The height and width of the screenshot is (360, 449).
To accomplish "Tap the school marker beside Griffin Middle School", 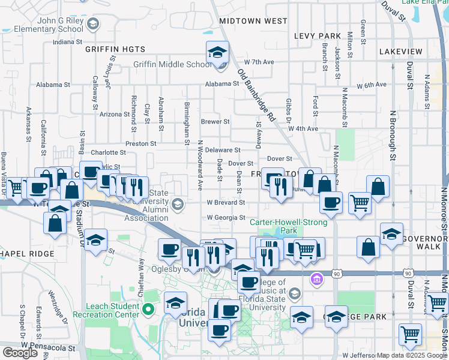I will coord(217,53).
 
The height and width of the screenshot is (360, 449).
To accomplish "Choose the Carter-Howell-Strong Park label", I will coord(289,226).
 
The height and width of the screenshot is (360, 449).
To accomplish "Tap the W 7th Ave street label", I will coord(259,62).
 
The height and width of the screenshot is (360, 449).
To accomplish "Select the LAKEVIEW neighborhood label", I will coord(400,52).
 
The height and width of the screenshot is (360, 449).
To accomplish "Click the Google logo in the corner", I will coord(20,353).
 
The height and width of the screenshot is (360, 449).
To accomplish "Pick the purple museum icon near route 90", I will coord(316,278).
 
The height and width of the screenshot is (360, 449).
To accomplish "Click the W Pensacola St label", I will coord(47,347).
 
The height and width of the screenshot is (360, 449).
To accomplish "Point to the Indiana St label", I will coord(67,42).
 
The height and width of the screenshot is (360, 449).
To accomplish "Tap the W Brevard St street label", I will coord(226,203).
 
